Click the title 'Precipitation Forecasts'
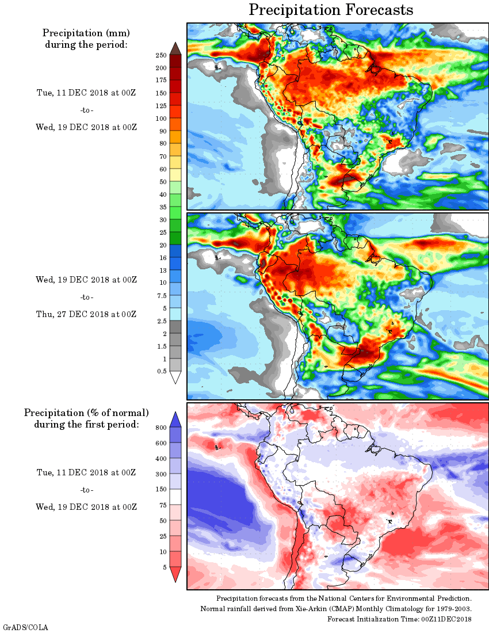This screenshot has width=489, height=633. (331, 10)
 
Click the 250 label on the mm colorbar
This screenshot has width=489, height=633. (161, 55)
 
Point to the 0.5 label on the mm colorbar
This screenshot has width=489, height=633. (163, 371)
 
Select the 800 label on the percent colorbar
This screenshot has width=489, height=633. (161, 428)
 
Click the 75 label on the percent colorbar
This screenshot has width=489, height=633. (163, 505)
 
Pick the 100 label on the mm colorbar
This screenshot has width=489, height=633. (161, 118)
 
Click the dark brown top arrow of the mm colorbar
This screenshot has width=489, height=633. (176, 48)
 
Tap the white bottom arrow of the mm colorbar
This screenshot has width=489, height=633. (176, 377)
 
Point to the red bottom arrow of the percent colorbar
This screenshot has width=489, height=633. (176, 574)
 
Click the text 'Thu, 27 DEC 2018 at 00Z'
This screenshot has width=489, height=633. (86, 314)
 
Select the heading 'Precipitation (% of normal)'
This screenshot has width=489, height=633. (86, 413)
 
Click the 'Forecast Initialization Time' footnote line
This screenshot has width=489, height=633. (399, 619)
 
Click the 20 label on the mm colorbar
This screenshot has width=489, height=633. (163, 245)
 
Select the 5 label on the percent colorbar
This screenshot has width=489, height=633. (165, 567)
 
